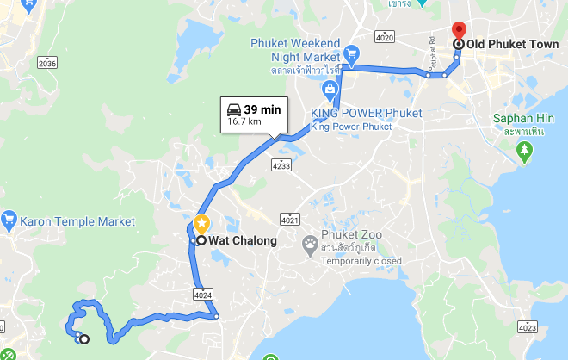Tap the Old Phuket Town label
click(x=512, y=44)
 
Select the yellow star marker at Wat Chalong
click(x=201, y=225)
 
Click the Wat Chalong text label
click(x=244, y=241)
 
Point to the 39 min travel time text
click(x=262, y=109)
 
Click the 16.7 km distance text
click(x=244, y=122)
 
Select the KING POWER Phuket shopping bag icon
click(x=329, y=90)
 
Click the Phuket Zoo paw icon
click(x=310, y=246)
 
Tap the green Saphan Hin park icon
click(x=524, y=152)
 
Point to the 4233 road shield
click(x=281, y=164)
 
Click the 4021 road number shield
click(x=290, y=216)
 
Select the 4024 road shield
click(x=202, y=295)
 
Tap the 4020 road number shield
click(x=384, y=37)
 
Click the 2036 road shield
click(x=47, y=63)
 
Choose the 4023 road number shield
click(x=527, y=327)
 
